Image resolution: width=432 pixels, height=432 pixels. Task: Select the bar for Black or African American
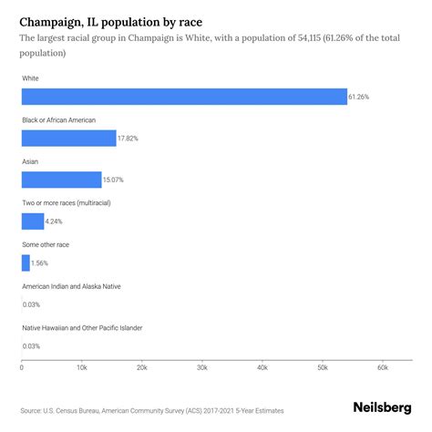tap(68, 138)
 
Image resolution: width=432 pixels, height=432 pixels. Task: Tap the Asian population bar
tap(61, 180)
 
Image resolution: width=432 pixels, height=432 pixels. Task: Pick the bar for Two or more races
tap(33, 221)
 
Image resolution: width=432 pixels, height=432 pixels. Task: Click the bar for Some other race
tap(26, 262)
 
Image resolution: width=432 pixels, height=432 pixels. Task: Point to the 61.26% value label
tap(361, 97)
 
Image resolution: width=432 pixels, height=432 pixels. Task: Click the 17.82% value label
tap(129, 138)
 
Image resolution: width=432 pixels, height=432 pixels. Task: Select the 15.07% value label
tap(115, 180)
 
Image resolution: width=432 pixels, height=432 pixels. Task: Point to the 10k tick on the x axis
tap(81, 367)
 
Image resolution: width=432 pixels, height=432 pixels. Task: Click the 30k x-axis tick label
tap(201, 367)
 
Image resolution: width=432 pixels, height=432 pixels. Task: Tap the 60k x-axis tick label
tap(382, 367)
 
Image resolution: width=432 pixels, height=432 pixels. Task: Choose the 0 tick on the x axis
tap(22, 367)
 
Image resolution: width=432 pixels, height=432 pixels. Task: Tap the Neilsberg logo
tap(381, 409)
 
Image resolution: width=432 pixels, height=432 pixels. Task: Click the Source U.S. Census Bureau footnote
tap(137, 410)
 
